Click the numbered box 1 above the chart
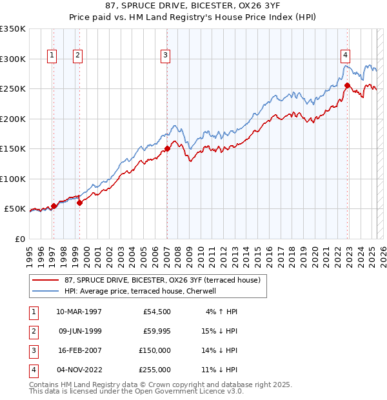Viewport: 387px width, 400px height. click(x=52, y=56)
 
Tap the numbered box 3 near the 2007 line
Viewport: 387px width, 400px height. click(x=166, y=56)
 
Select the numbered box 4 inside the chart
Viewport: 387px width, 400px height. click(x=346, y=56)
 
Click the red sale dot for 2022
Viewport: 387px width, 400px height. click(x=347, y=85)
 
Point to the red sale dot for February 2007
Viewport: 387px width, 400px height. click(x=167, y=148)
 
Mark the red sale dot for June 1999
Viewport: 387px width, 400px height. click(x=80, y=203)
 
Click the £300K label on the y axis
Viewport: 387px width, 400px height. click(x=13, y=59)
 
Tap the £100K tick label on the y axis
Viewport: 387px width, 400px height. click(x=13, y=179)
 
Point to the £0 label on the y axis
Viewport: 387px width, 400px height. click(x=19, y=239)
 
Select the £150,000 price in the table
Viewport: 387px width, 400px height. click(x=155, y=350)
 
